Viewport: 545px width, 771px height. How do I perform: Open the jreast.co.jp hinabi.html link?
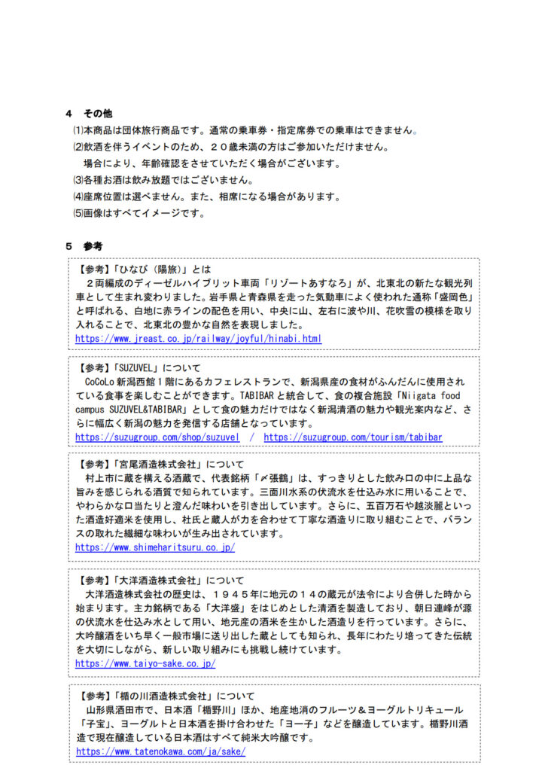198,339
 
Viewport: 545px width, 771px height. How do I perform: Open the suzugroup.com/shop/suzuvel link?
157,437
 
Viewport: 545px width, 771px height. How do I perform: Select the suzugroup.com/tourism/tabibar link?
352,437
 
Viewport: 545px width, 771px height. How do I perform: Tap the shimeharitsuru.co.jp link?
154,547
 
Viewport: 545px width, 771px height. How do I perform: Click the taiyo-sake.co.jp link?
145,663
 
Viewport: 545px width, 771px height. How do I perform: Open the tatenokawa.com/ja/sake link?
160,751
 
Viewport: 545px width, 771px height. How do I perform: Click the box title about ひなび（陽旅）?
144,269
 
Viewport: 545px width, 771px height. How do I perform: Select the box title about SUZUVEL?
139,368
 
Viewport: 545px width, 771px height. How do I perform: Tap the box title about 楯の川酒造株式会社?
166,696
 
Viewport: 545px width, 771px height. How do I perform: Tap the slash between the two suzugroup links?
251,437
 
